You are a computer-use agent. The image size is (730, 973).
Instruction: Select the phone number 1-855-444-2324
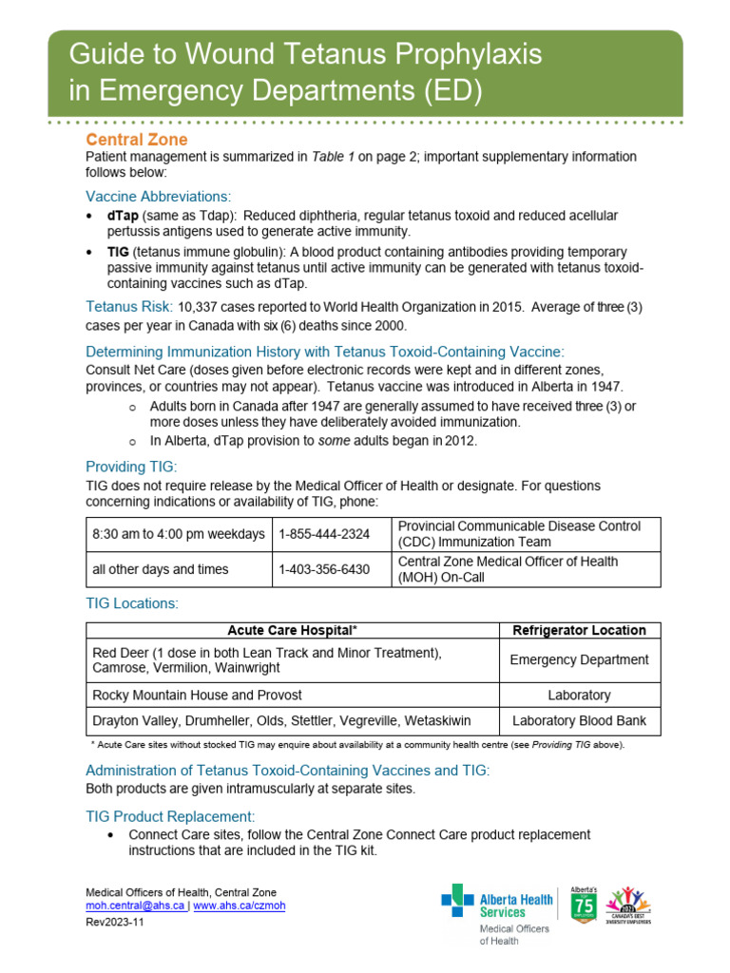point(324,534)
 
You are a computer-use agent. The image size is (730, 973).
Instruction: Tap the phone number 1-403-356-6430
point(324,569)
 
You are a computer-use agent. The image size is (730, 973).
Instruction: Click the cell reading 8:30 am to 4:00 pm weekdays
point(179,534)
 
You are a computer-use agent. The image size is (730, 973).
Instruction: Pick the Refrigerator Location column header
point(579,630)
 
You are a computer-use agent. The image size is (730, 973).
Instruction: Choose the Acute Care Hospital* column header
point(292,630)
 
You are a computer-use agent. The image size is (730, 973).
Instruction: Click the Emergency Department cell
point(579,659)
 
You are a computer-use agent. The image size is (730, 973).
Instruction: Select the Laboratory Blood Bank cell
point(579,720)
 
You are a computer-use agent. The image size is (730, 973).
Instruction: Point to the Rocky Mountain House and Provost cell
point(197,695)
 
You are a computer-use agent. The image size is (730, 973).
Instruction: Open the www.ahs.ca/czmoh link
point(239,906)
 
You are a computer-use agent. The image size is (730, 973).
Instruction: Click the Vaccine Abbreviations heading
point(158,196)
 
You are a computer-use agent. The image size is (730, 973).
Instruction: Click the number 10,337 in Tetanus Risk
point(199,307)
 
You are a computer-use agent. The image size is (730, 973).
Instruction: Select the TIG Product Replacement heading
point(170,816)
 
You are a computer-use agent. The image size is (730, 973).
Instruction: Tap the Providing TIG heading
point(131,467)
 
